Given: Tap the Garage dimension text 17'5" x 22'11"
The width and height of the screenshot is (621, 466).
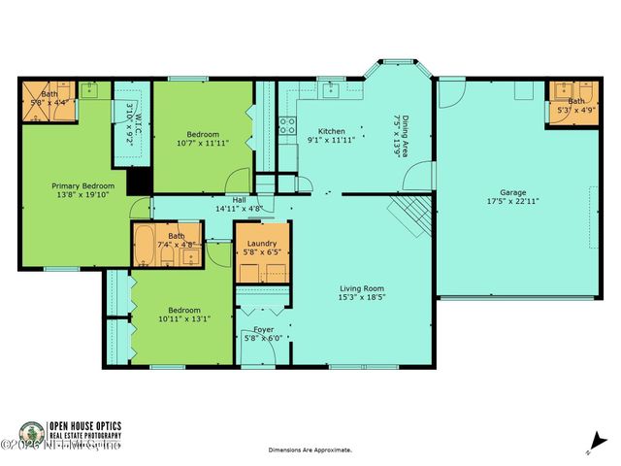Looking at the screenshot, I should coord(512,201).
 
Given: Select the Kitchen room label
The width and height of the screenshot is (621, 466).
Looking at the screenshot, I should coord(332,131).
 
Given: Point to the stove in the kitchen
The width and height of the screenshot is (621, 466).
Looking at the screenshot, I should coord(287,124).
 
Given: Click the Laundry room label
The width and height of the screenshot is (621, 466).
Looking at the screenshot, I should coord(262,244).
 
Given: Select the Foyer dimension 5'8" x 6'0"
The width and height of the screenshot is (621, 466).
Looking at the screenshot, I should coord(262,339).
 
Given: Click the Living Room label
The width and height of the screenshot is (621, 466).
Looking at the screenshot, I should coord(361,288).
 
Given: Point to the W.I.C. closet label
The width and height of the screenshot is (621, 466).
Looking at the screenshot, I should coord(138,127).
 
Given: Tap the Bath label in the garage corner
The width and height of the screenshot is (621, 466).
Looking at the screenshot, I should coord(575,100).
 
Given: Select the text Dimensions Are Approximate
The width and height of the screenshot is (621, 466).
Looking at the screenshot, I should coord(310,450).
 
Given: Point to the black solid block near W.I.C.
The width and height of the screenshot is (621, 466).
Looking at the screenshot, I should coord(140,182).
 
